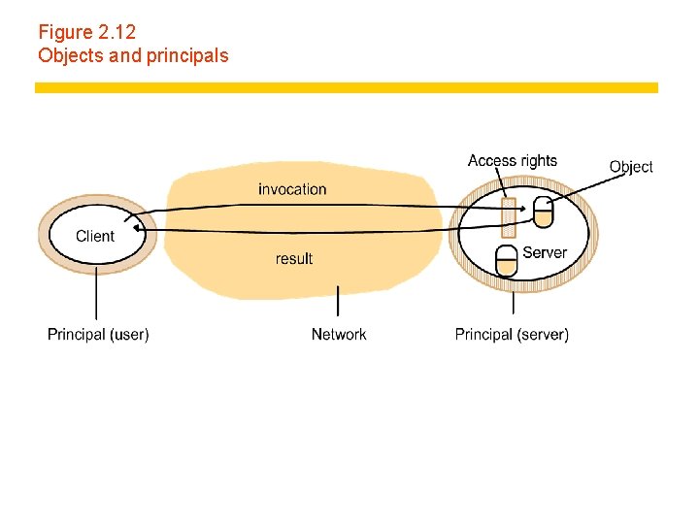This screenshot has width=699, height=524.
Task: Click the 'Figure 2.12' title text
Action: pyautogui.click(x=86, y=32)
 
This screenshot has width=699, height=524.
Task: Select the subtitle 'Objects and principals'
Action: pyautogui.click(x=133, y=55)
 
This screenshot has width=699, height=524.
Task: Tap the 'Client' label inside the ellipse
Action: pyautogui.click(x=95, y=236)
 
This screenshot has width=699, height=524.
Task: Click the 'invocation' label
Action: pyautogui.click(x=292, y=189)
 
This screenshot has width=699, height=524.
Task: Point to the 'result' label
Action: pyautogui.click(x=294, y=258)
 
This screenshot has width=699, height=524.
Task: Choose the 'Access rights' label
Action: pyautogui.click(x=513, y=161)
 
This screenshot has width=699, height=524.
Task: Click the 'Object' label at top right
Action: pyautogui.click(x=631, y=167)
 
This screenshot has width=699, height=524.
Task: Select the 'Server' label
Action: pyautogui.click(x=545, y=252)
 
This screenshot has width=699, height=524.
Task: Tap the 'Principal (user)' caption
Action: pyautogui.click(x=98, y=335)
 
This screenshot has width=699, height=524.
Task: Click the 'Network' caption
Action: pyautogui.click(x=339, y=335)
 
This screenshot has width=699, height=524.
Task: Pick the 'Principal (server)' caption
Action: pyautogui.click(x=512, y=335)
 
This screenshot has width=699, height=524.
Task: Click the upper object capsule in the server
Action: pyautogui.click(x=543, y=212)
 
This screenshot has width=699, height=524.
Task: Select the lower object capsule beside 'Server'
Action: pyautogui.click(x=506, y=259)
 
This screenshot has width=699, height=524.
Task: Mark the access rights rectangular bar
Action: pyautogui.click(x=508, y=218)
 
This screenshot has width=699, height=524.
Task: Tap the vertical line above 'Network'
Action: pyautogui.click(x=338, y=301)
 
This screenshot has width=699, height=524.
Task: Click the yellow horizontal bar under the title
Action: pyautogui.click(x=347, y=87)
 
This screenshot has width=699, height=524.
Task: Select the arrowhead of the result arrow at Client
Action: pyautogui.click(x=138, y=228)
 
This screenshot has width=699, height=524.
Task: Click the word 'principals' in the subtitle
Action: pyautogui.click(x=187, y=55)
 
